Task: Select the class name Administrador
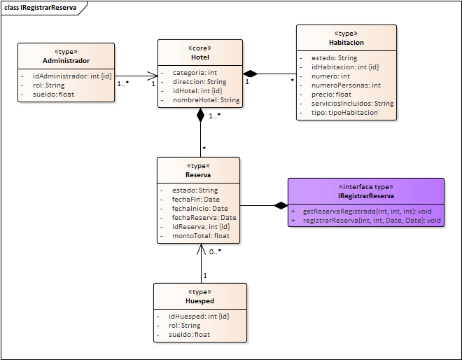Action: [x=66, y=60]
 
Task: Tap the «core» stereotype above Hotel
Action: [x=199, y=48]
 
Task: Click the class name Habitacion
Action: [x=346, y=43]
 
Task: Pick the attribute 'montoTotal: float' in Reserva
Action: [x=201, y=236]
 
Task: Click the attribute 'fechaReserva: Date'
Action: [x=204, y=218]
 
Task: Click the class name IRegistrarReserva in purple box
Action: [x=365, y=196]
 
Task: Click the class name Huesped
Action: [x=199, y=301]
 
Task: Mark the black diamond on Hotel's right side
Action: [x=250, y=74]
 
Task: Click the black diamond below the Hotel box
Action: [x=200, y=116]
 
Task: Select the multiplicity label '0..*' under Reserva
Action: [x=215, y=251]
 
